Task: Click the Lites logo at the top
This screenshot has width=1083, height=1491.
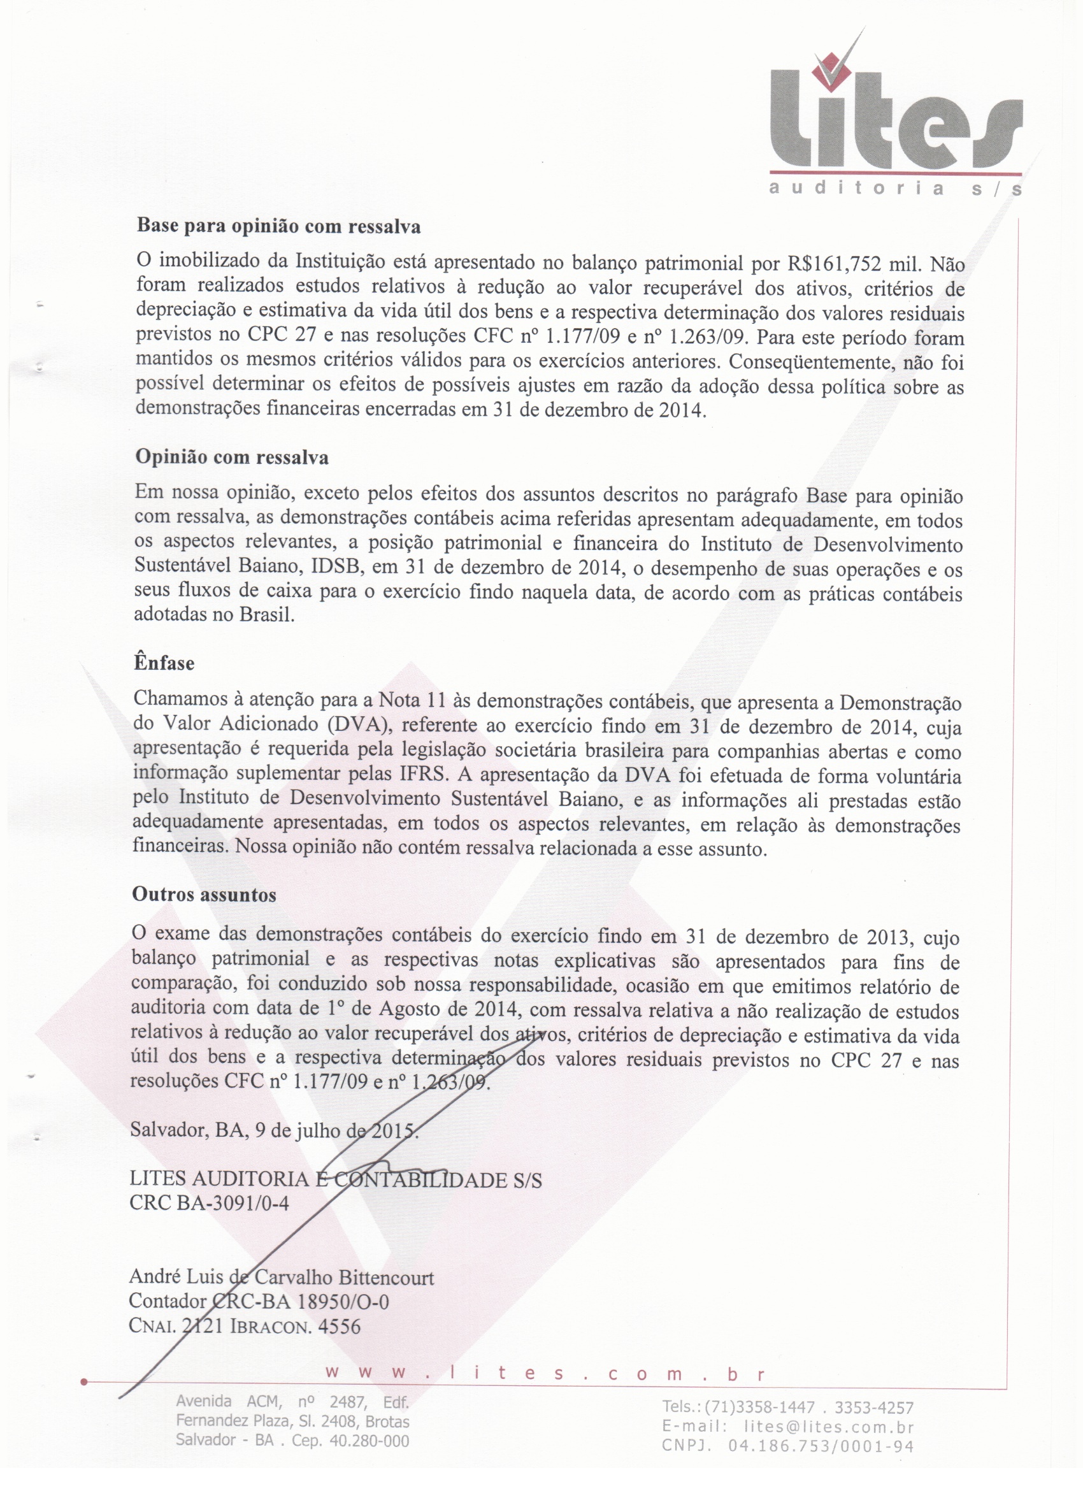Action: [895, 125]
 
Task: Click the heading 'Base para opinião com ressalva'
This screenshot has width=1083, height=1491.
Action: [278, 227]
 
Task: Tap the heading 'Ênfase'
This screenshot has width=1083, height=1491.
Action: [164, 663]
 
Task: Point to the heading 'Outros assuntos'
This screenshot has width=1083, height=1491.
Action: [204, 894]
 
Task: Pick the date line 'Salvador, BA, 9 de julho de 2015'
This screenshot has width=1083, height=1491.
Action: [273, 1130]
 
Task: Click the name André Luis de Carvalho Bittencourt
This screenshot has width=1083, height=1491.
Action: [282, 1278]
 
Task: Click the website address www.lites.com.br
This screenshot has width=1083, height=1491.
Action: [545, 1374]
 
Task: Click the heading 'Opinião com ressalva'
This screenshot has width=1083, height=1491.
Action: [232, 457]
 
